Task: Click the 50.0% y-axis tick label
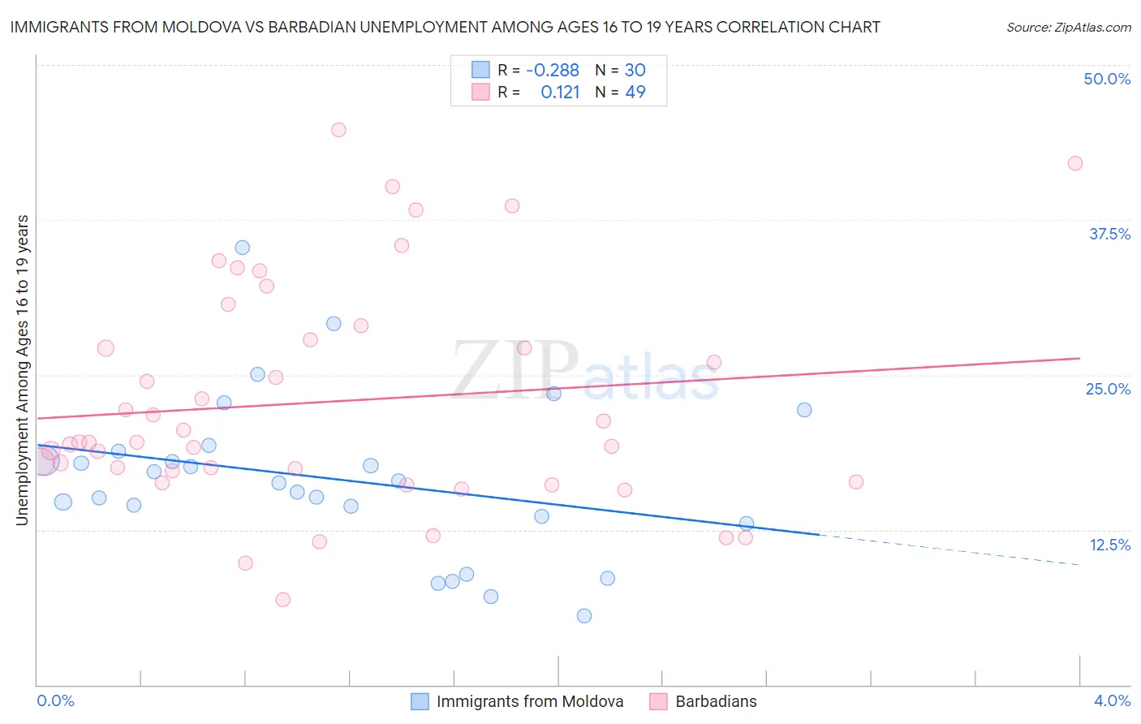1107,80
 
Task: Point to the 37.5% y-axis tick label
1109,235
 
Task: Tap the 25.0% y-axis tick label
1108,390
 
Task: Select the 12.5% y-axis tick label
1109,545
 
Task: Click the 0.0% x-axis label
56,701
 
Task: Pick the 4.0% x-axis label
1112,701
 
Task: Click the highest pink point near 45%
338,130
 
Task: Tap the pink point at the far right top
1075,163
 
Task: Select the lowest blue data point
584,616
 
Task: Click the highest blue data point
242,248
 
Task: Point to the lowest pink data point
283,600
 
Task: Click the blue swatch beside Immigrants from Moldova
420,701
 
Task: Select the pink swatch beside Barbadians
658,701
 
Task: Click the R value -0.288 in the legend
552,71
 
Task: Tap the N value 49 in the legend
635,93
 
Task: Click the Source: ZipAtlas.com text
1068,28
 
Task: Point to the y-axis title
22,370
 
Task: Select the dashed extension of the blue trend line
949,549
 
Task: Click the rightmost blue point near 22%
804,410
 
